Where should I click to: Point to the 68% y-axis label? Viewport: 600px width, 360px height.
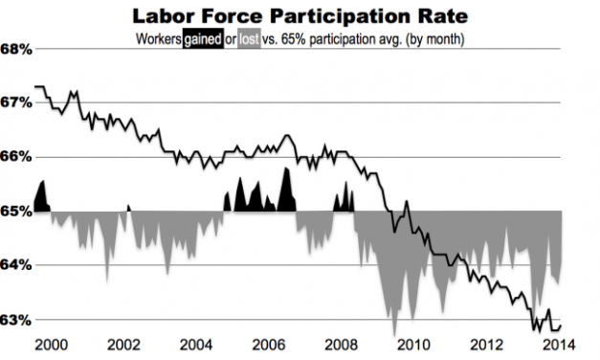pos(16,49)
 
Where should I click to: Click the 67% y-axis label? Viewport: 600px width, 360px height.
pos(16,102)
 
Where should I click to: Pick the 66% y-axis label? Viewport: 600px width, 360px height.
pos(16,156)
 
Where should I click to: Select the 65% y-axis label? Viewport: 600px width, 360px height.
pos(16,211)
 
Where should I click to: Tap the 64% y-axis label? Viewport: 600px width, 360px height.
pos(16,264)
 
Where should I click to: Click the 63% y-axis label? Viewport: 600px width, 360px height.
pos(16,319)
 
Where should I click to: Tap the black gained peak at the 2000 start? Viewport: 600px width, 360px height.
pos(41,197)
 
